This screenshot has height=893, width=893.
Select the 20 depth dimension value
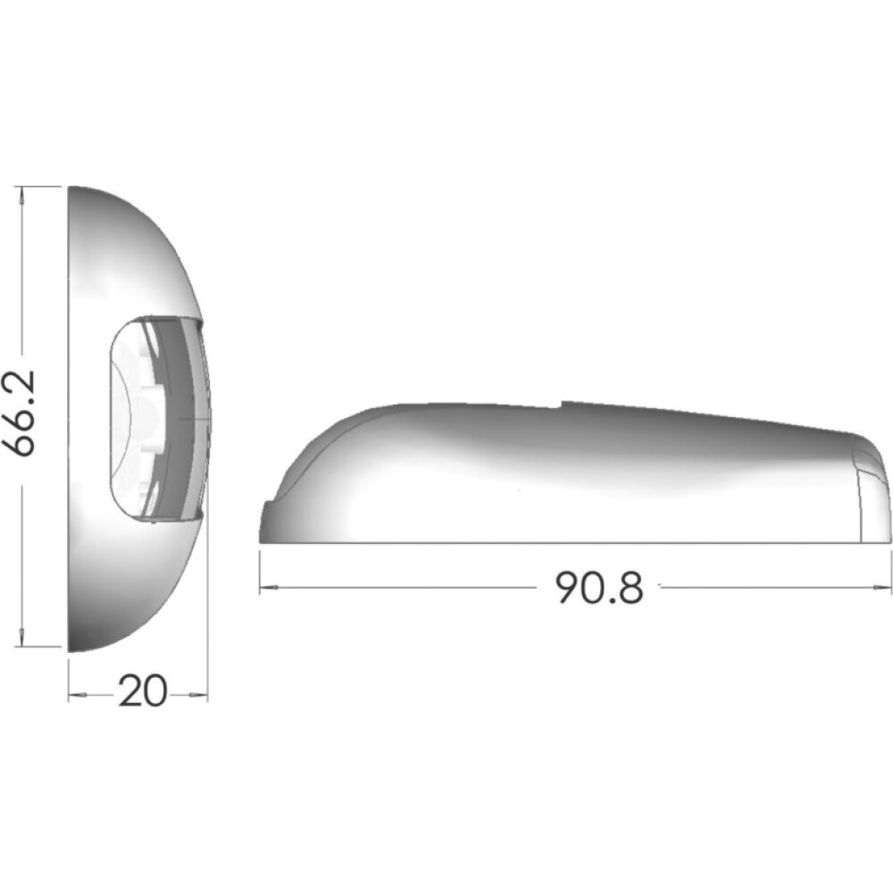click(x=143, y=691)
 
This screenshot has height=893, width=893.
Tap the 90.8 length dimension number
click(x=598, y=587)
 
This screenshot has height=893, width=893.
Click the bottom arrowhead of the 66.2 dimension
click(x=21, y=641)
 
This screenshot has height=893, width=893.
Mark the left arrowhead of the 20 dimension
click(x=75, y=695)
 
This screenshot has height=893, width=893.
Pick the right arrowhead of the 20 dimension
click(x=202, y=695)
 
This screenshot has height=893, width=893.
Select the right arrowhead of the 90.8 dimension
click(x=885, y=588)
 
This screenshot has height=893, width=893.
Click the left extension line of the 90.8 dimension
click(x=260, y=572)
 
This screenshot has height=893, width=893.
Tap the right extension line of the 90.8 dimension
click(x=891, y=572)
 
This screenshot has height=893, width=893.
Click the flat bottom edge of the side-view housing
click(x=572, y=542)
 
